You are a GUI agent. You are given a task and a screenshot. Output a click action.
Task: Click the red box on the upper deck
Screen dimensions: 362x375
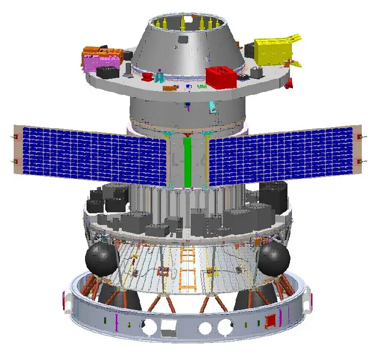coord(221,77)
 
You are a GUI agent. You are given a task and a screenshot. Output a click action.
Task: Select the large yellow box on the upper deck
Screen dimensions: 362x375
coord(273,51)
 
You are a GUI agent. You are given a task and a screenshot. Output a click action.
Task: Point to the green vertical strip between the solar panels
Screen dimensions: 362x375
coord(187,161)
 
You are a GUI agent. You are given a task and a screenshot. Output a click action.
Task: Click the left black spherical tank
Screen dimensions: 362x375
coord(102,257)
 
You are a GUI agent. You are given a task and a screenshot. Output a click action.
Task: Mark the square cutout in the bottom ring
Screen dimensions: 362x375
coord(170,326)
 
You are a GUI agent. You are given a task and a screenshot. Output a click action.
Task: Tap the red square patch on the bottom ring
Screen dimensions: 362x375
coord(269,321)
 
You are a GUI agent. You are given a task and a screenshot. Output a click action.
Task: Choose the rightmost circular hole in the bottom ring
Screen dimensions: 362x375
coord(225,326)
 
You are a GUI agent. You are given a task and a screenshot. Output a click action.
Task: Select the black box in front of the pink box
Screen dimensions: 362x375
coord(108,72)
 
